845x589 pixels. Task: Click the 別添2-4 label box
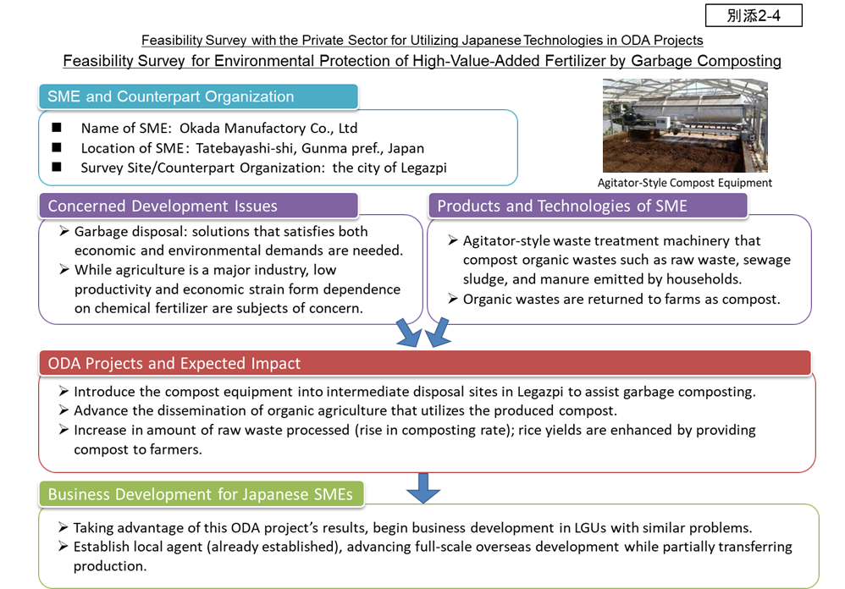(x=753, y=15)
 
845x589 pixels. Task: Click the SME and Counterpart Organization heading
(x=171, y=96)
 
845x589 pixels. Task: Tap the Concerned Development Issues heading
(x=163, y=206)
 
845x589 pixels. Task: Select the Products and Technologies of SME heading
(x=562, y=206)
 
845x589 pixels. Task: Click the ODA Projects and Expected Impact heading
(x=174, y=364)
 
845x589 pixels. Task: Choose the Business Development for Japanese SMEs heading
(x=200, y=494)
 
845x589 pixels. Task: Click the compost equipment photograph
(x=684, y=126)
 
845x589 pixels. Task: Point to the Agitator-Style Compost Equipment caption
(x=684, y=183)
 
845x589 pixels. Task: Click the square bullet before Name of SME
(x=57, y=129)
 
